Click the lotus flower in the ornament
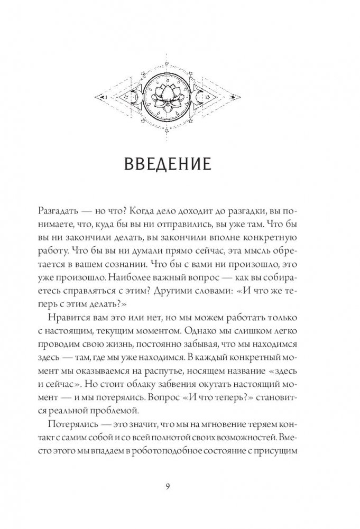click(168, 96)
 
